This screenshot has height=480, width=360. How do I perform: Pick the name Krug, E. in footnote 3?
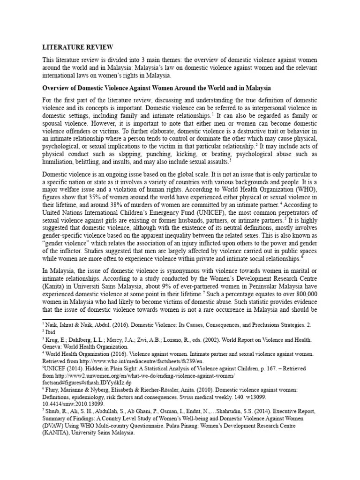[x=55, y=338]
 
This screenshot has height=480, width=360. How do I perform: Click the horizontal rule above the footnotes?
[x=84, y=320]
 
